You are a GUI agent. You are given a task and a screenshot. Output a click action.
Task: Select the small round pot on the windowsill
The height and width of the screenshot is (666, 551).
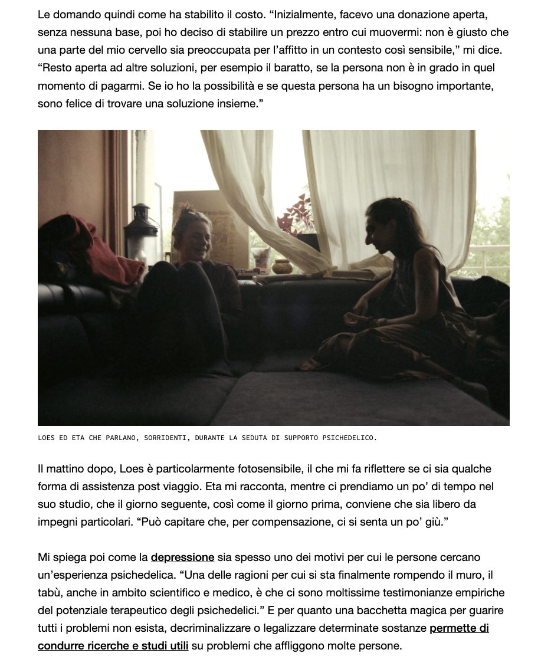click(x=282, y=266)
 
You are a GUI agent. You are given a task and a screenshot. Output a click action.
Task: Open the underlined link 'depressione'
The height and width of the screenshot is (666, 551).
click(x=182, y=557)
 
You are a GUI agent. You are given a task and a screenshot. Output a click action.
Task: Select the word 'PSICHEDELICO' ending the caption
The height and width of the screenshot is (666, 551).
click(x=346, y=438)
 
